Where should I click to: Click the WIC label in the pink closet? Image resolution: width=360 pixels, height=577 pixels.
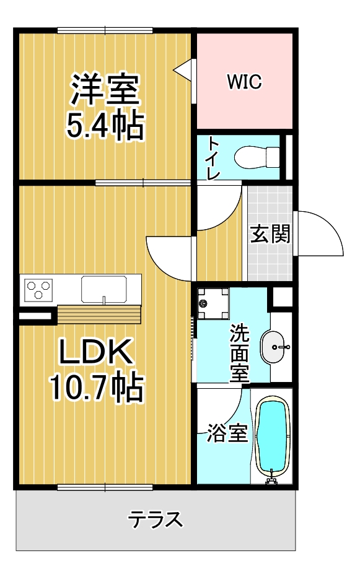(244, 81)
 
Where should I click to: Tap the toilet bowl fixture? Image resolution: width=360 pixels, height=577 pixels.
(257, 157)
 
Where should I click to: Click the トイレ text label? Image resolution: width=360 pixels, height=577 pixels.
(213, 158)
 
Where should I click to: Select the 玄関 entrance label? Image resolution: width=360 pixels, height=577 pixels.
(270, 233)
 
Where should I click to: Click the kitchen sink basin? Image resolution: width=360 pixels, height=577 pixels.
(104, 289)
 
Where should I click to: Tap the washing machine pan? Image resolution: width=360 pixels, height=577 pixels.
(213, 303)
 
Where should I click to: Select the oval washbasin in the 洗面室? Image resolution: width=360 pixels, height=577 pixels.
(273, 347)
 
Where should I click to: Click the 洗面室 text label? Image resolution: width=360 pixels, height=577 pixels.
(239, 353)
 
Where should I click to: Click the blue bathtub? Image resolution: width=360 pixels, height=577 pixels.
(273, 438)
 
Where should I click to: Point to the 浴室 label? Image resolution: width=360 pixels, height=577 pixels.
(227, 433)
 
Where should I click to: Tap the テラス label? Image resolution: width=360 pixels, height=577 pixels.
(155, 519)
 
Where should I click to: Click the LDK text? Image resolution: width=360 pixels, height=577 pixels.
(96, 352)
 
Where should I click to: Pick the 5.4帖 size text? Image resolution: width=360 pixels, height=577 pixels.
(105, 125)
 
